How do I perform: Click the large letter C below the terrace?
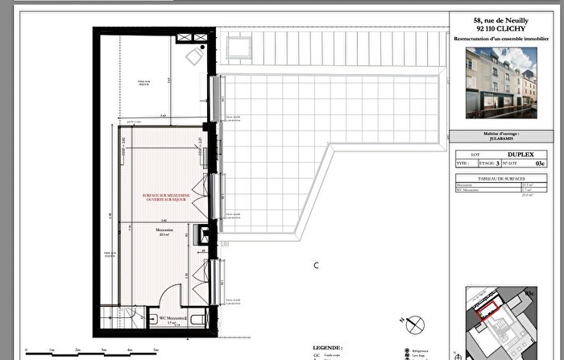click(x=317, y=265)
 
